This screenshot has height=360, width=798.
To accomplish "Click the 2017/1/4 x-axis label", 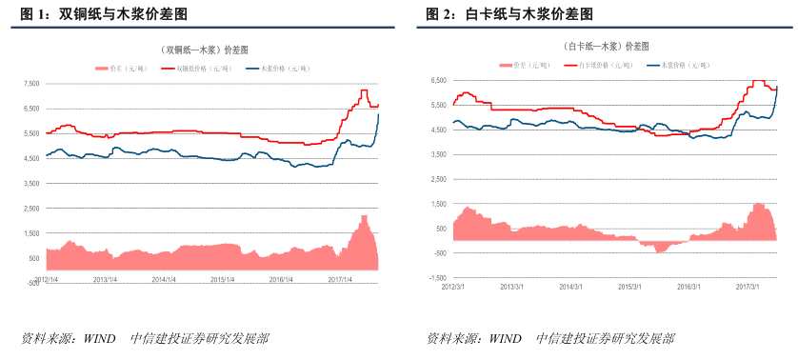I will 340,280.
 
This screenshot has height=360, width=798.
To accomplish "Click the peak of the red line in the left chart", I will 364,90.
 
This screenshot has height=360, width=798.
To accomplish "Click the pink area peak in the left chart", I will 364,217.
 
